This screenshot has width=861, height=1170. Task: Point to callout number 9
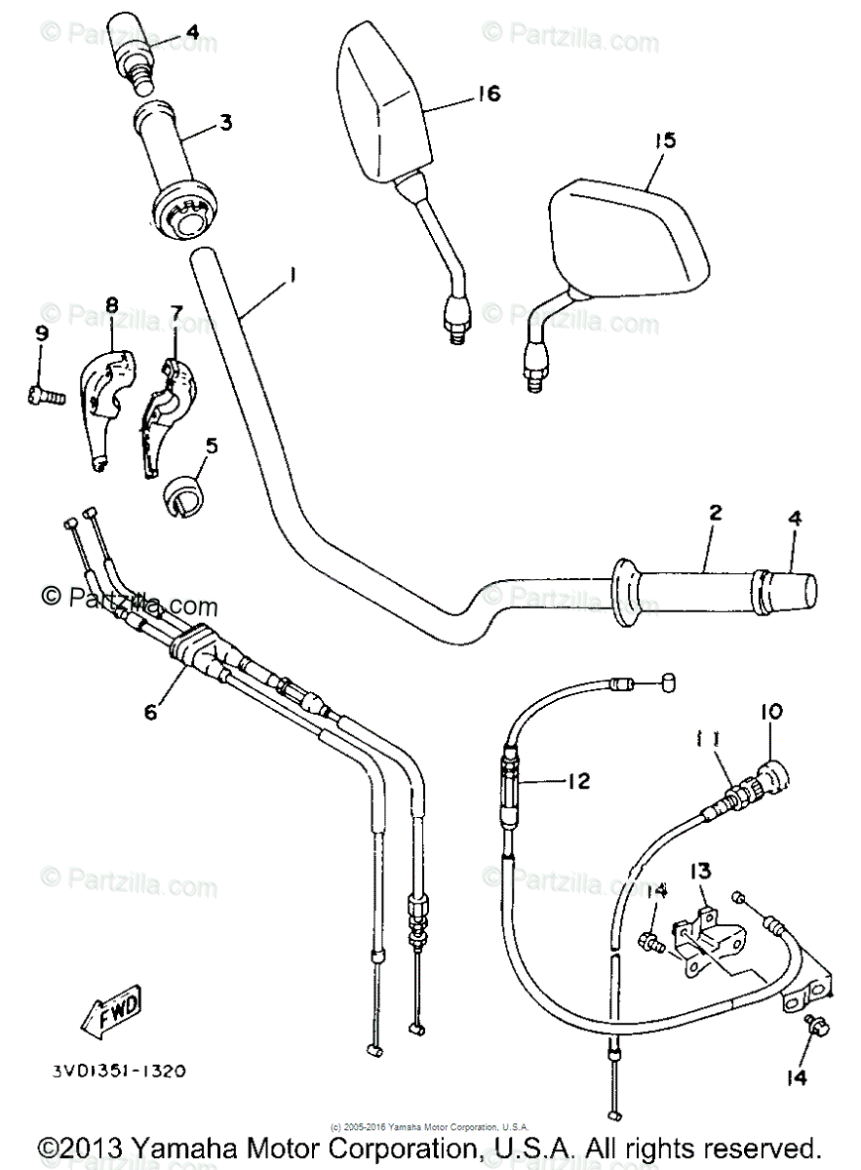pyautogui.click(x=41, y=334)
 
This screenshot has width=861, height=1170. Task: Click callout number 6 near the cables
pyautogui.click(x=150, y=712)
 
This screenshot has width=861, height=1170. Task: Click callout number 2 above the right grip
pyautogui.click(x=715, y=512)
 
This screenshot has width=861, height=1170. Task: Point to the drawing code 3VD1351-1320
pyautogui.click(x=119, y=1070)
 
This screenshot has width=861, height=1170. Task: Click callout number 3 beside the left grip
pyautogui.click(x=225, y=123)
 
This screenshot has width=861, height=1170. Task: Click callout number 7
pyautogui.click(x=176, y=312)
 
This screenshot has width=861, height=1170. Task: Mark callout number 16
pyautogui.click(x=488, y=94)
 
